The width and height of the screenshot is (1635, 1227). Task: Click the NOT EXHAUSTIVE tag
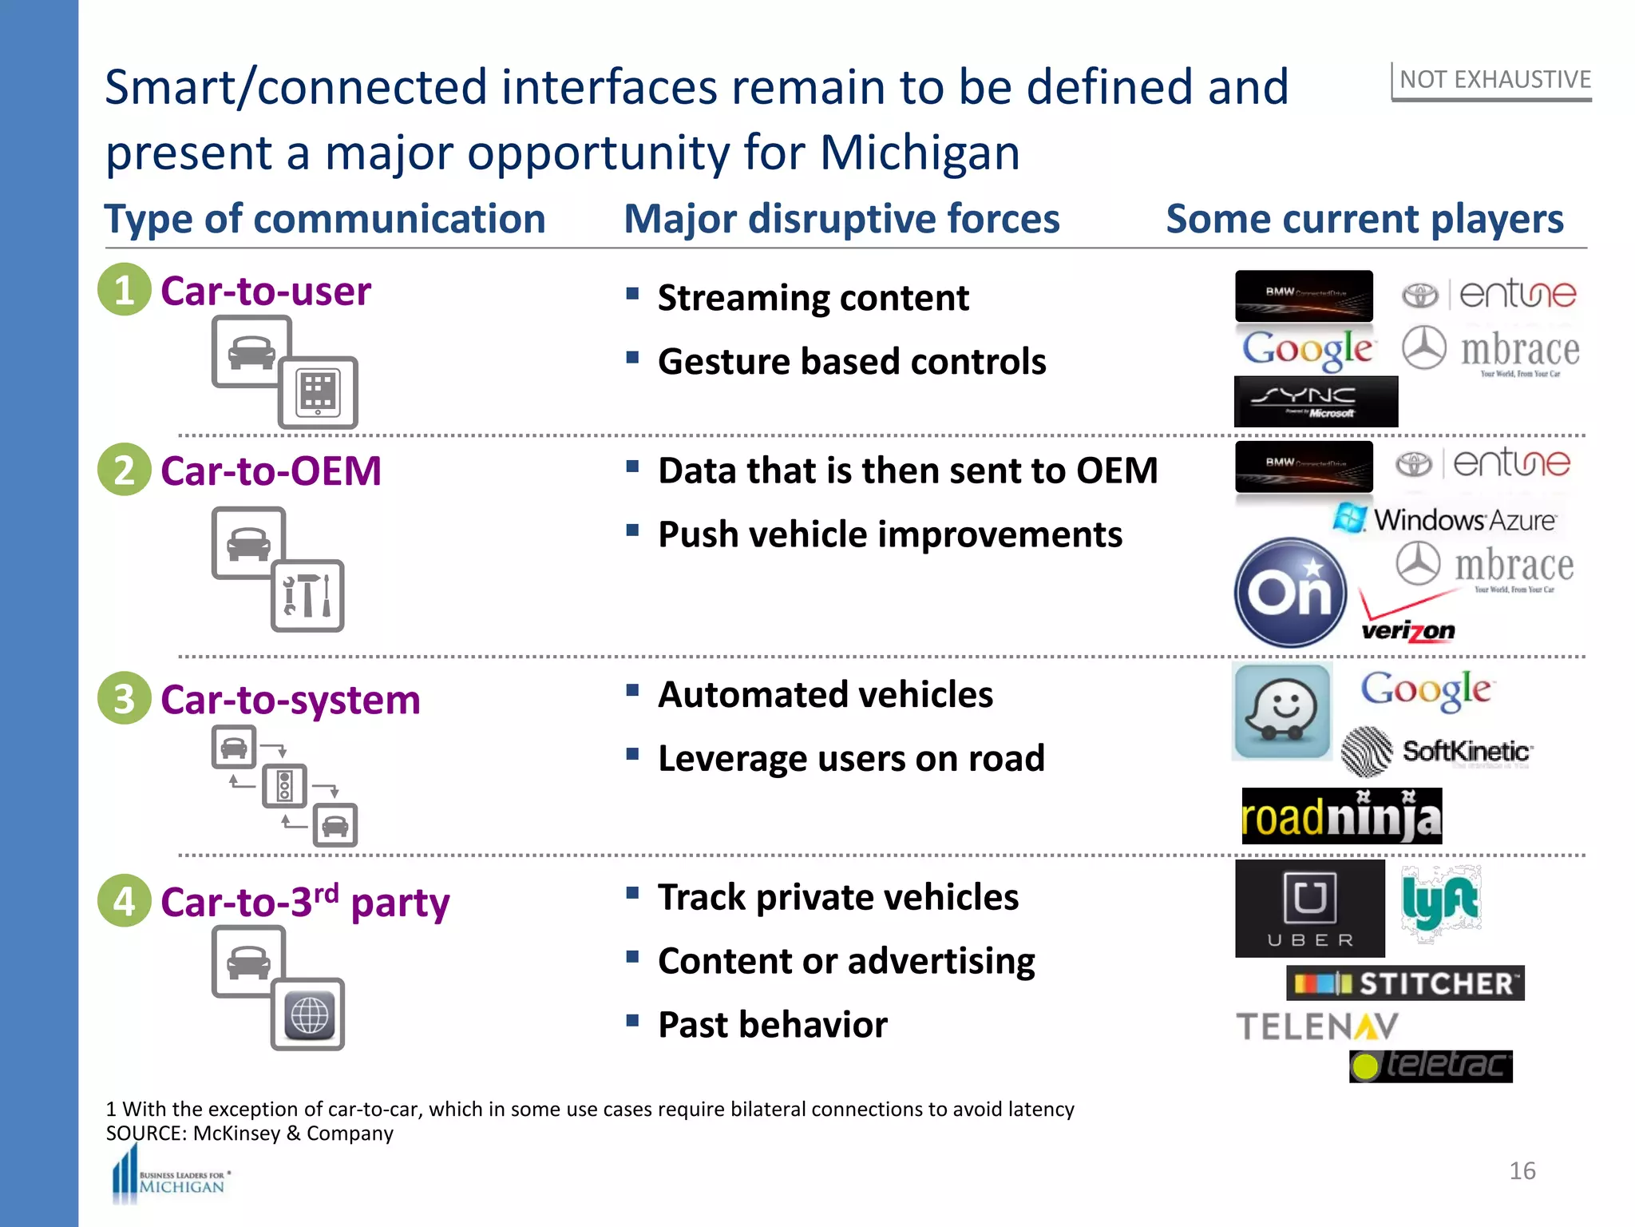pos(1494,80)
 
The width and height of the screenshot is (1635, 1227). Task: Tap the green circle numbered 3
pos(124,698)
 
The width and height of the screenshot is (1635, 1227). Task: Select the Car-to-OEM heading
pos(271,471)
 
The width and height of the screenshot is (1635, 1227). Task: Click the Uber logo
pos(1309,908)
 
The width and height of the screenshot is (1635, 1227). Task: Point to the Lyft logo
pos(1440,903)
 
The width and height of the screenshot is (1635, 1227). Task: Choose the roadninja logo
pos(1341,816)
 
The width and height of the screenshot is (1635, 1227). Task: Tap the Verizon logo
pos(1407,620)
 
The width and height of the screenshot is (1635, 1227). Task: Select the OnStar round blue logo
pos(1290,592)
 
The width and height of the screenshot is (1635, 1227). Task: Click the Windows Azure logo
pos(1444,520)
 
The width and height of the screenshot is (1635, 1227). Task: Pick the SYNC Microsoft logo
pos(1315,401)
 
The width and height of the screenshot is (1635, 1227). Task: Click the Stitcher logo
pos(1405,983)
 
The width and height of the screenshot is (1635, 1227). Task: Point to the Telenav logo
pos(1317,1026)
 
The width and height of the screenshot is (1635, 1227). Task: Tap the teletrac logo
pos(1431,1066)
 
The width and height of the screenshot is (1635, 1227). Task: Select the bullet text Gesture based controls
pos(851,361)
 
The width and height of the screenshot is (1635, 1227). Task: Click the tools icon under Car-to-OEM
pos(307,596)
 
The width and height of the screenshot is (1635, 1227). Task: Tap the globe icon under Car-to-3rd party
pos(308,1015)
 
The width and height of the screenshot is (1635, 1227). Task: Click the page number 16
pos(1522,1171)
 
